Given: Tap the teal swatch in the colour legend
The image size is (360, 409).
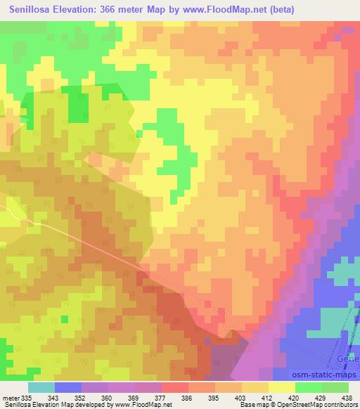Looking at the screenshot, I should click(x=41, y=388).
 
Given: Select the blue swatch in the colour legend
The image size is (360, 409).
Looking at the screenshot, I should click(x=68, y=388).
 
